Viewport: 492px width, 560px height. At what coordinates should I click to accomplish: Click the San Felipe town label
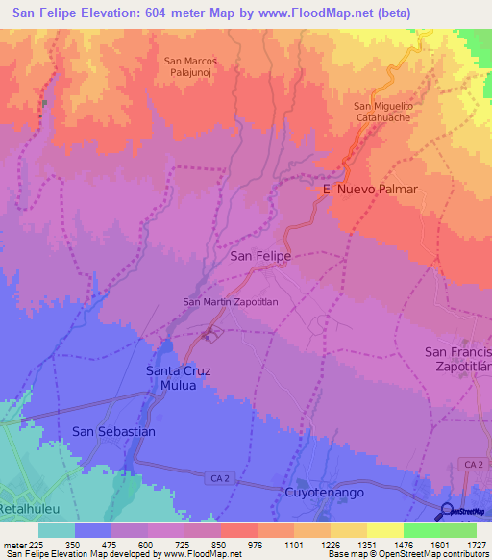click(x=261, y=257)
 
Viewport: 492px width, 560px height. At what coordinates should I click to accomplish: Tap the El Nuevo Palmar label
click(x=370, y=190)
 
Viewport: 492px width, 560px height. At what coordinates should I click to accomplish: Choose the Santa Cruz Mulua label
click(x=177, y=378)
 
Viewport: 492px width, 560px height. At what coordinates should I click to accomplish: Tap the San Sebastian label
click(x=113, y=432)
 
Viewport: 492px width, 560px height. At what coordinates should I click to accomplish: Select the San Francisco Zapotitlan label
click(x=458, y=360)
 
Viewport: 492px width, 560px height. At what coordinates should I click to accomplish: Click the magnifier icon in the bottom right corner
click(x=447, y=511)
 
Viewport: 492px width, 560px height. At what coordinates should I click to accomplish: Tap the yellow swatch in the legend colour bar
click(x=384, y=530)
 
